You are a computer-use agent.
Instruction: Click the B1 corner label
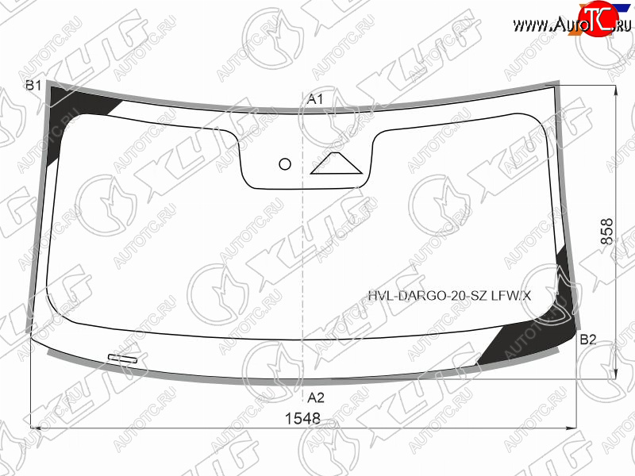[33, 86]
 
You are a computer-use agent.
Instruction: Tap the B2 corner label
[587, 340]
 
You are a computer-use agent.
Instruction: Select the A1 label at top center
[315, 99]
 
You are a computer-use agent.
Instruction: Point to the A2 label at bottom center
[315, 397]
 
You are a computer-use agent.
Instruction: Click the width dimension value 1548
[302, 419]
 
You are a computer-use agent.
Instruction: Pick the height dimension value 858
[606, 231]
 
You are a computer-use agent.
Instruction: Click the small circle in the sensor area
[285, 164]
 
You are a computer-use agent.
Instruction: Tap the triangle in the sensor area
[336, 164]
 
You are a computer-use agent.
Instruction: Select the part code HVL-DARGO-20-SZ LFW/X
[449, 296]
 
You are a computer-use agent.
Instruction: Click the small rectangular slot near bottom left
[123, 359]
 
